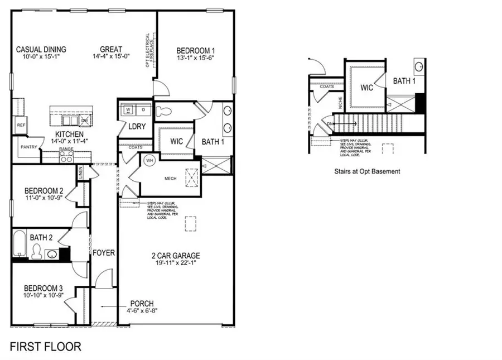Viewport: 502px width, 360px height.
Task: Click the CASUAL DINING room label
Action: click(x=41, y=49)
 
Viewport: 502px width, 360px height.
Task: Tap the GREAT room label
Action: click(x=111, y=49)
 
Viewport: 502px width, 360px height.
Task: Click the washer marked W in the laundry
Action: click(x=128, y=109)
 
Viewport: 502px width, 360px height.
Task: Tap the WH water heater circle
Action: click(x=149, y=160)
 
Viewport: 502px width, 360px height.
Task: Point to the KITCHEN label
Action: click(x=69, y=135)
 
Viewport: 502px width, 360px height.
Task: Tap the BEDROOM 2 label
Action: click(x=38, y=190)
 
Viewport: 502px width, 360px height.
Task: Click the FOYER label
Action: click(x=104, y=253)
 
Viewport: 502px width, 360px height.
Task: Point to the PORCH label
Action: click(x=143, y=304)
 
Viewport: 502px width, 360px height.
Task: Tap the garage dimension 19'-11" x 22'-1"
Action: click(x=176, y=264)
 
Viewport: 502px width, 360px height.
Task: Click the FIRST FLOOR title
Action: click(x=45, y=346)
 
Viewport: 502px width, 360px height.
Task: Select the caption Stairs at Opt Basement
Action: click(x=367, y=171)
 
